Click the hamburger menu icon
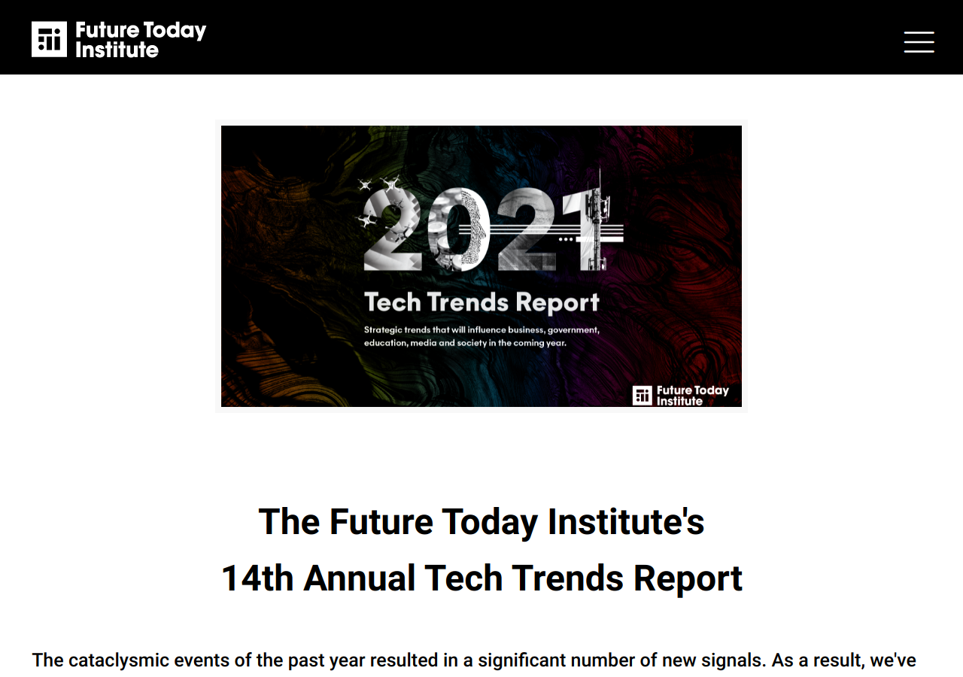point(919,41)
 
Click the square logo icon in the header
point(49,39)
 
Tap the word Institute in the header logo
point(117,50)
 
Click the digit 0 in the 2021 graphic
point(458,229)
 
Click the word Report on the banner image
point(557,302)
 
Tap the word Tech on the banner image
point(393,302)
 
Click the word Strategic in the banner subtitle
point(383,330)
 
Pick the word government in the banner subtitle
point(573,330)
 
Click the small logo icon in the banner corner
point(642,396)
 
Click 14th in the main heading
point(257,578)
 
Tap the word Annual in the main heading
point(360,578)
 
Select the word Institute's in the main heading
point(626,522)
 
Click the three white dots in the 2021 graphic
point(566,239)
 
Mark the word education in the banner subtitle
point(385,343)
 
